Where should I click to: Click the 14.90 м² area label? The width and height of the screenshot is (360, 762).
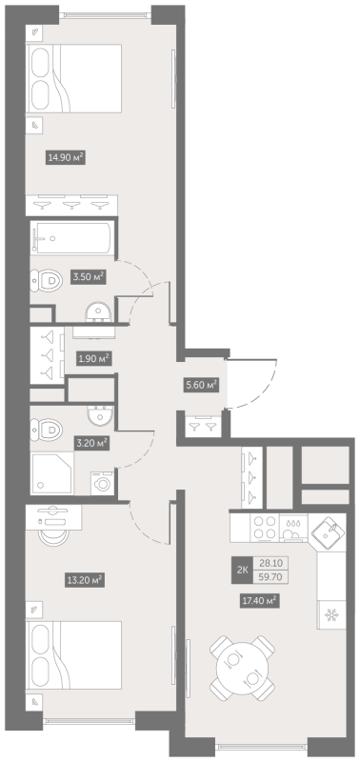click(66, 157)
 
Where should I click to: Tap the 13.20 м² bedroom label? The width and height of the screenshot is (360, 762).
click(85, 580)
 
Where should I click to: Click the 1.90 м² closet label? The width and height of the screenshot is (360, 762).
click(93, 359)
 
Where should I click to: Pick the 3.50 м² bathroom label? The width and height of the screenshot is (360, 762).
click(89, 277)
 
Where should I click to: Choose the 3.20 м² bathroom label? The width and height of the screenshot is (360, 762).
click(90, 443)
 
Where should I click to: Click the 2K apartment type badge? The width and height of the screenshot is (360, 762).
click(242, 570)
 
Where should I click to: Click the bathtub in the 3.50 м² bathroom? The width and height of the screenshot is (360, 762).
click(70, 236)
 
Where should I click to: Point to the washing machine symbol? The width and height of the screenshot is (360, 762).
click(102, 484)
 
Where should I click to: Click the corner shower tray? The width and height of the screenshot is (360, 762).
click(52, 472)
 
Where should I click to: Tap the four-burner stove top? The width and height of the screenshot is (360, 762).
click(265, 528)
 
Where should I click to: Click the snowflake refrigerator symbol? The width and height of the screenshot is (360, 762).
click(331, 615)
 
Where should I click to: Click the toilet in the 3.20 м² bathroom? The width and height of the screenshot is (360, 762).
click(47, 431)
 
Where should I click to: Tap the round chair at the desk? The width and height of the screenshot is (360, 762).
click(54, 537)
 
